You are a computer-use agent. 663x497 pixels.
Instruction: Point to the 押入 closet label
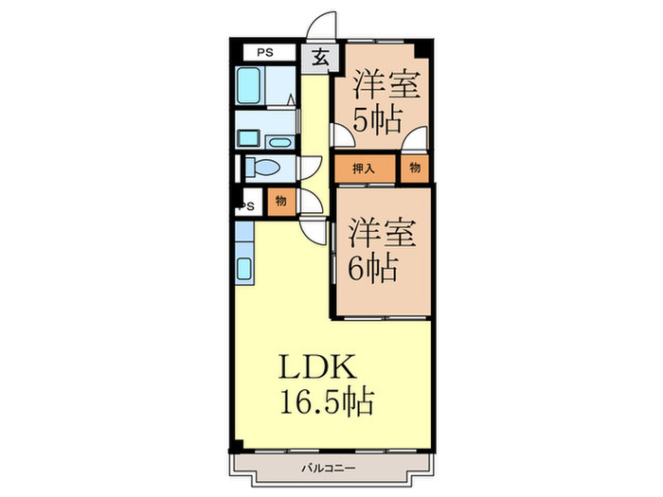click(364, 169)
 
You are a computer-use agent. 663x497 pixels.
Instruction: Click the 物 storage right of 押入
click(415, 169)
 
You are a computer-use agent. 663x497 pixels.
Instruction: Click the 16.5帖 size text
click(325, 401)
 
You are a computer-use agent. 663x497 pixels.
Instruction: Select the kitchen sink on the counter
click(243, 270)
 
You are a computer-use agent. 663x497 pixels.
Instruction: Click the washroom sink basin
click(279, 142)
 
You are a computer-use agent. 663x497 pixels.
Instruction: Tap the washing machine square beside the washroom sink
click(248, 138)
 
